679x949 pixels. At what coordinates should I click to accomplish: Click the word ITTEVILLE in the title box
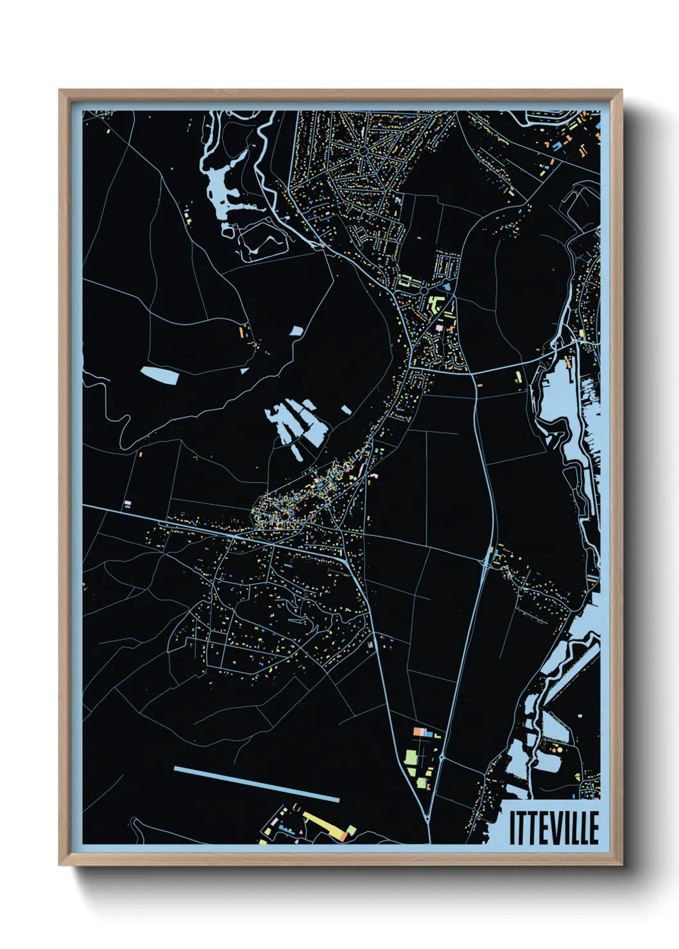pos(554,828)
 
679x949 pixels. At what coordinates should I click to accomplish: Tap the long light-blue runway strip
pos(257,784)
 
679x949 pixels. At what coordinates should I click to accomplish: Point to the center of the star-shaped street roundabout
pos(363,151)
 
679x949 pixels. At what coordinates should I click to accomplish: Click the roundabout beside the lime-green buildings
pos(424,290)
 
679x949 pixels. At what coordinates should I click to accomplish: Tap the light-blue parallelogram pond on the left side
pos(159,375)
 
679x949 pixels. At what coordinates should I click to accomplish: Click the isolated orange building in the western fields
pos(243,332)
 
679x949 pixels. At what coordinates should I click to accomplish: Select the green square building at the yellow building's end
pos(351,831)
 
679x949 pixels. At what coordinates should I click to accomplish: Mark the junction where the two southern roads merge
pos(428,819)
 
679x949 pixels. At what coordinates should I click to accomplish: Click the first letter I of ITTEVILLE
pos(512,828)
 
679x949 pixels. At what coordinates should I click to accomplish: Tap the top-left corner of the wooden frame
pos(60,91)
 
